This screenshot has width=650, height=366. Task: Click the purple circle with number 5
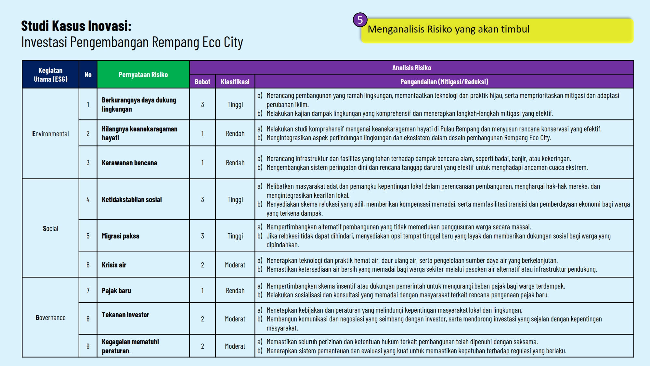click(x=360, y=20)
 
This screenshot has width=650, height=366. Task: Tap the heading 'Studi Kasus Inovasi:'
click(x=76, y=26)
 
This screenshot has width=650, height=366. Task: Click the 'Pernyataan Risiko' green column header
click(x=143, y=75)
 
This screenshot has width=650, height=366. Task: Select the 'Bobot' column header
click(x=202, y=82)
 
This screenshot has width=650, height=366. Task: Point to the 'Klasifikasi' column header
click(x=235, y=82)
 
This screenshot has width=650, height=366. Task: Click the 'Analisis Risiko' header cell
click(x=411, y=68)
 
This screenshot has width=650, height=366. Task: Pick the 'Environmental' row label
click(x=50, y=134)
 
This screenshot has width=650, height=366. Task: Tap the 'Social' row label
click(x=50, y=228)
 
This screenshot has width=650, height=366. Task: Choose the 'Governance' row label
click(x=50, y=318)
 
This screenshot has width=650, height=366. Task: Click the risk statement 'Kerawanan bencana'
click(x=129, y=163)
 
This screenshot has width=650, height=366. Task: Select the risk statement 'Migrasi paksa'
click(x=121, y=236)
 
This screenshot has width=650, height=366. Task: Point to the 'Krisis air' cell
click(x=114, y=265)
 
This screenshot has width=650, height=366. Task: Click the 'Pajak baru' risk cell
click(x=116, y=291)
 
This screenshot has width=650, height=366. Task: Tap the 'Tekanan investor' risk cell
click(x=125, y=315)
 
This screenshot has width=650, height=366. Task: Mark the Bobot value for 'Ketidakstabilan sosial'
click(x=202, y=199)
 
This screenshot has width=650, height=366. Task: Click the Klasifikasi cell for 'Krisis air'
click(x=235, y=265)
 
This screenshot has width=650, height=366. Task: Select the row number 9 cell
click(x=88, y=346)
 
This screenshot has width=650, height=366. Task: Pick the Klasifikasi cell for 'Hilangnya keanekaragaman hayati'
click(x=235, y=133)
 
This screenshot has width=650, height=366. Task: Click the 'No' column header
click(x=88, y=75)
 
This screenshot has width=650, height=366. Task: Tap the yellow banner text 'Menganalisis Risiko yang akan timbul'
click(x=448, y=29)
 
